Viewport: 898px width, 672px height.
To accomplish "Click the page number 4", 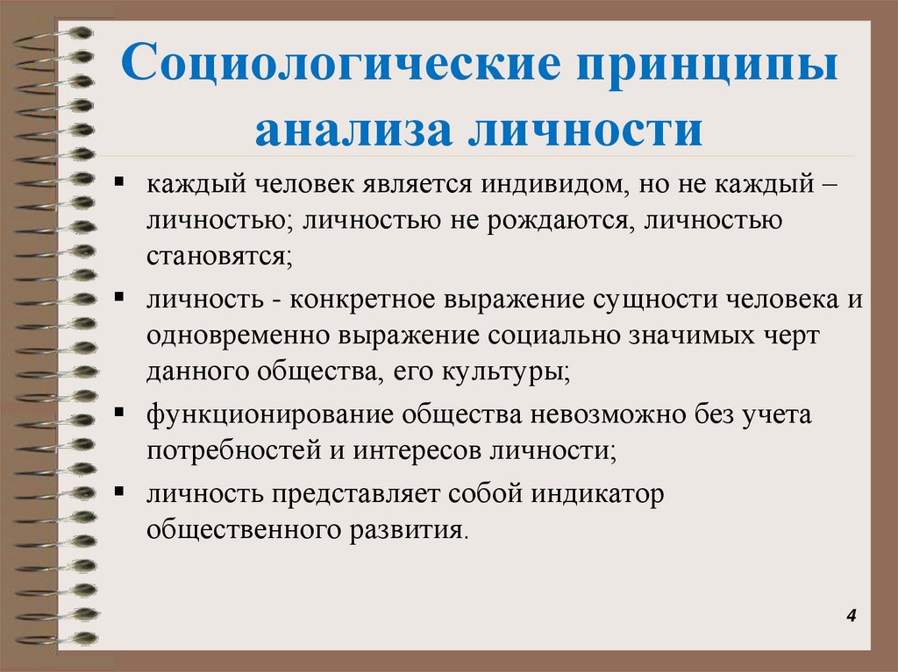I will (850, 618).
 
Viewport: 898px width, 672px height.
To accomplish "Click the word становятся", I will (218, 258).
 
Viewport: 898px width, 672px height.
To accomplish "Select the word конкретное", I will (360, 299).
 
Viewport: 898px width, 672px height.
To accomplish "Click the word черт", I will (793, 336).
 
